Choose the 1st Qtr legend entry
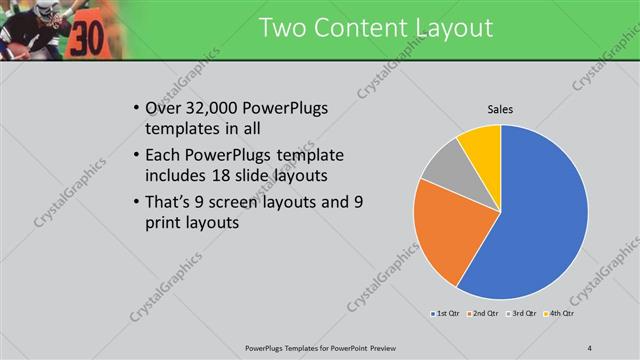click(x=445, y=314)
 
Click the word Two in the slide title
click(x=283, y=28)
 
